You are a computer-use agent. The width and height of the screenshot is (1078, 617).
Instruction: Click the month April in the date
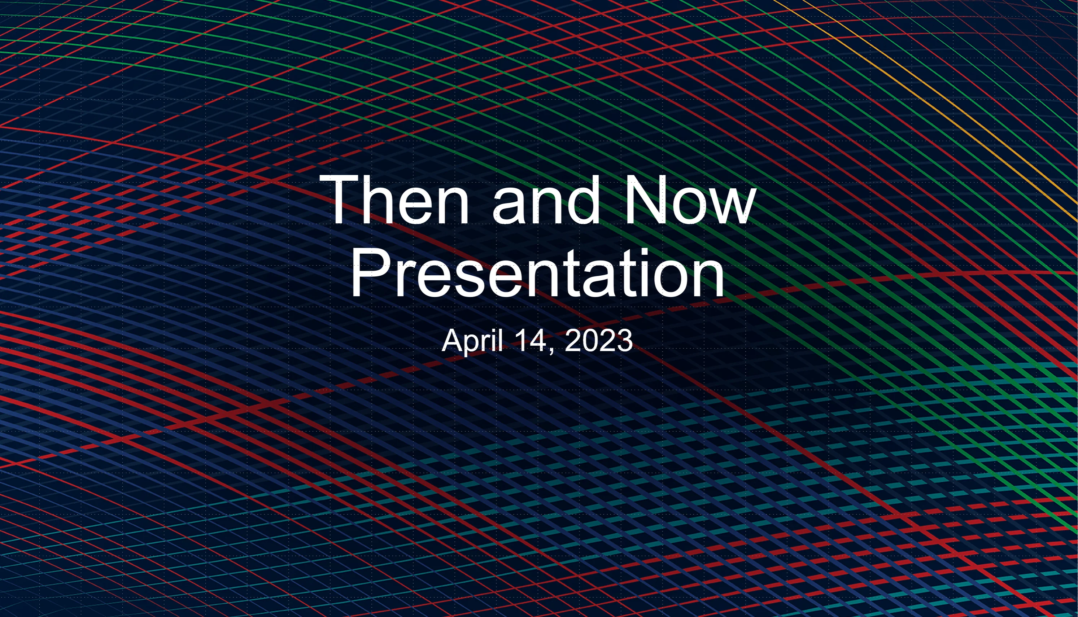coord(472,341)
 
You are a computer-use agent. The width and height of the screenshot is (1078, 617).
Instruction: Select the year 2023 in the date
coord(599,341)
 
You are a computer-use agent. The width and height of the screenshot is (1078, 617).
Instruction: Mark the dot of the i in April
coord(494,330)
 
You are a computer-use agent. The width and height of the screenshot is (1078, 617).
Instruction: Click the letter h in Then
coord(381,200)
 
